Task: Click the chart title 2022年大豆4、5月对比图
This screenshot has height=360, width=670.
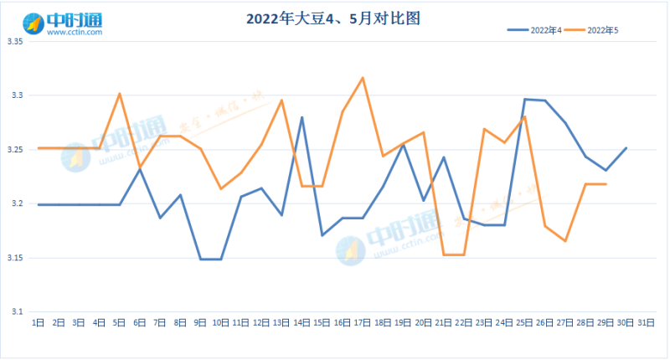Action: pyautogui.click(x=334, y=18)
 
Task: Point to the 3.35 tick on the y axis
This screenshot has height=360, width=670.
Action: pyautogui.click(x=16, y=42)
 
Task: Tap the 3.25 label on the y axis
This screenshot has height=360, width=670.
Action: pyautogui.click(x=16, y=150)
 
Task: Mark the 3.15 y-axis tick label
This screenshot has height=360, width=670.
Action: pyautogui.click(x=16, y=258)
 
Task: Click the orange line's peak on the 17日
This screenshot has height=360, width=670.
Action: pyautogui.click(x=363, y=78)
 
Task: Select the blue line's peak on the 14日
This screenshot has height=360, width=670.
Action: pyautogui.click(x=301, y=117)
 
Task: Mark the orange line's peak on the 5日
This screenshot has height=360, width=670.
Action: pyautogui.click(x=119, y=93)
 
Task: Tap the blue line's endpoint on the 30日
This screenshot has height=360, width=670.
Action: pyautogui.click(x=626, y=148)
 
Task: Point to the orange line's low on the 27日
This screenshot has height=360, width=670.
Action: pyautogui.click(x=565, y=241)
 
